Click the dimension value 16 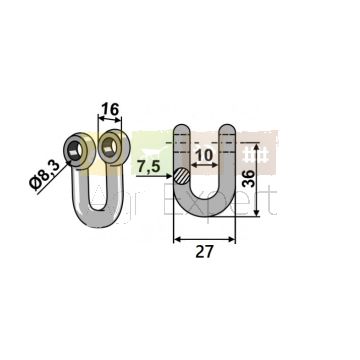click(110, 109)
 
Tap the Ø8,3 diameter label click(45, 175)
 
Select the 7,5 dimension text click(149, 167)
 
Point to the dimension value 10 click(204, 155)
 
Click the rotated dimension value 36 click(249, 178)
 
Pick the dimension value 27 click(204, 252)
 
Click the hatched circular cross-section click(182, 176)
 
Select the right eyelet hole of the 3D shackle click(109, 147)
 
